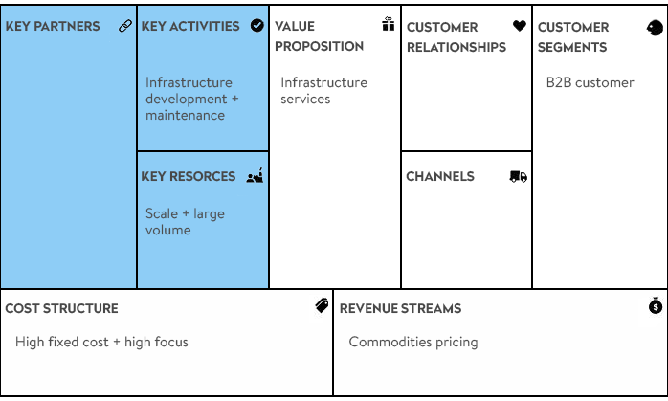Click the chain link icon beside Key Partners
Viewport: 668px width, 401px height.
pos(125,26)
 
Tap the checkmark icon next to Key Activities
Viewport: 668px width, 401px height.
pos(256,26)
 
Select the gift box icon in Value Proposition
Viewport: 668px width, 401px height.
pos(389,24)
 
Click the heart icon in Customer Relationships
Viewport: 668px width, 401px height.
pos(520,26)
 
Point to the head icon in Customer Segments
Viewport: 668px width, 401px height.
pos(655,28)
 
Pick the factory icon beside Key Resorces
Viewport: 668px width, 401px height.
pos(255,175)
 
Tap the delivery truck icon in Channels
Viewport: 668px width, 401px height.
pos(519,176)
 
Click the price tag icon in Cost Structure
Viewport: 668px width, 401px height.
pos(323,305)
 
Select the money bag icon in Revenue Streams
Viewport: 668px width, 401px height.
pos(656,305)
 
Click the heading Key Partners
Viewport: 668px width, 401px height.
pos(53,26)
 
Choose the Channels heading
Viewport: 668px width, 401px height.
pos(440,176)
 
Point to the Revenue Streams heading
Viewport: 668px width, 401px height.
pos(400,308)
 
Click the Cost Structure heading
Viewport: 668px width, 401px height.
pos(62,308)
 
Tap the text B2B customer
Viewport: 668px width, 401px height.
pos(590,82)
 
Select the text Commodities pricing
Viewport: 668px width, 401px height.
pos(413,343)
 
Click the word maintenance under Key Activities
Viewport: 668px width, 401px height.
pos(186,115)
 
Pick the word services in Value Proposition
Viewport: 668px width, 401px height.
pos(305,99)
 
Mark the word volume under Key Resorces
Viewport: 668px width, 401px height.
pos(168,230)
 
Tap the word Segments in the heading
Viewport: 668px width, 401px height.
pos(572,47)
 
